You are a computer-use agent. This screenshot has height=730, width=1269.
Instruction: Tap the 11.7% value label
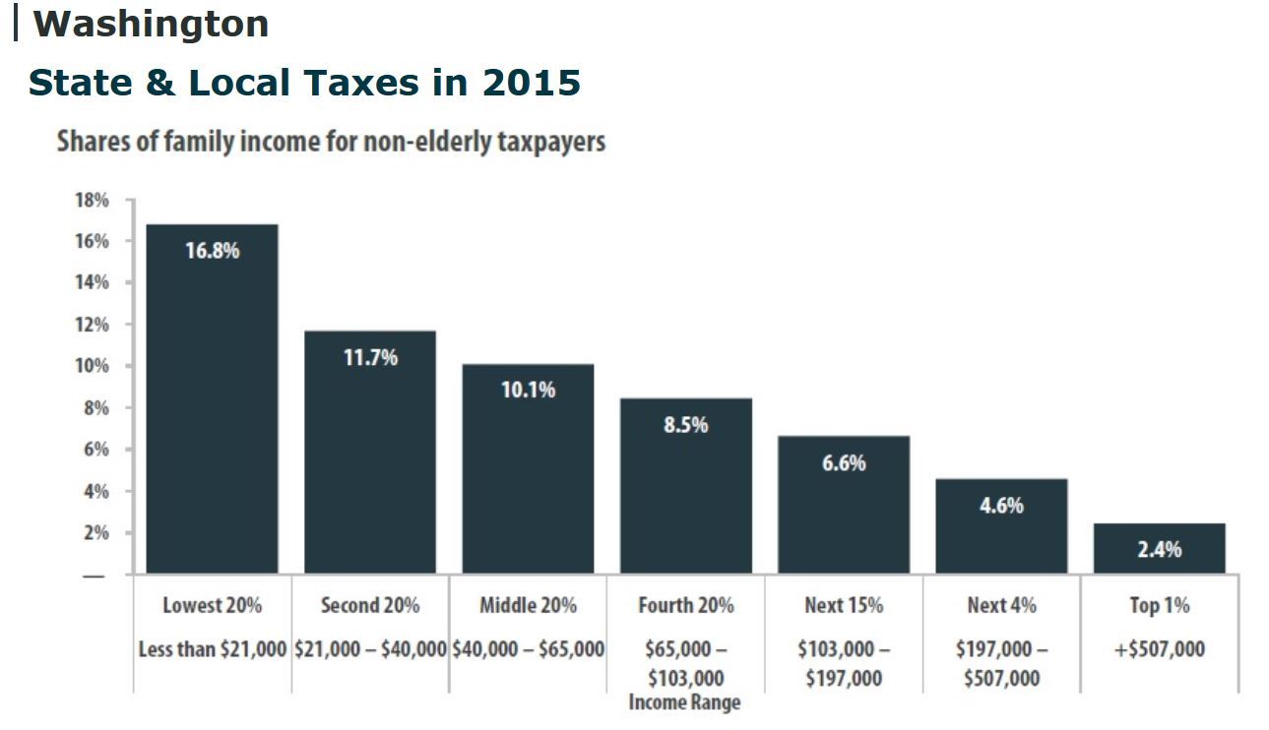(x=370, y=357)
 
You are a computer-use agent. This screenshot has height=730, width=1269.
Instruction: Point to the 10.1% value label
(x=528, y=390)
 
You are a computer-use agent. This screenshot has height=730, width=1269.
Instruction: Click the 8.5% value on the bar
(x=685, y=425)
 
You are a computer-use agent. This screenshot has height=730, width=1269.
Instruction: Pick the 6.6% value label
(x=844, y=462)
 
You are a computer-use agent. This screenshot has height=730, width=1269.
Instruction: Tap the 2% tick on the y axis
(x=95, y=532)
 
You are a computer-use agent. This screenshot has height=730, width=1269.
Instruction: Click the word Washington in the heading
(x=151, y=24)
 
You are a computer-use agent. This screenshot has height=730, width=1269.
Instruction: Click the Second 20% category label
(x=370, y=605)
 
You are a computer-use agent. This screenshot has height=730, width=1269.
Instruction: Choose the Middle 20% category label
(x=528, y=605)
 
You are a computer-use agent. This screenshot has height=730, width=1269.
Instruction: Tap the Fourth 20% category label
(x=685, y=605)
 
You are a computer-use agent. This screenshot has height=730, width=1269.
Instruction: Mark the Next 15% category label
(x=844, y=605)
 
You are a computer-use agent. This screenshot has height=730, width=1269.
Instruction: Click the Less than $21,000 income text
(x=213, y=649)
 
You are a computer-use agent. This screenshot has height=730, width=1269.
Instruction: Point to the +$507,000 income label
(x=1159, y=649)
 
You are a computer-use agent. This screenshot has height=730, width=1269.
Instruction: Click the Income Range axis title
(x=684, y=702)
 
